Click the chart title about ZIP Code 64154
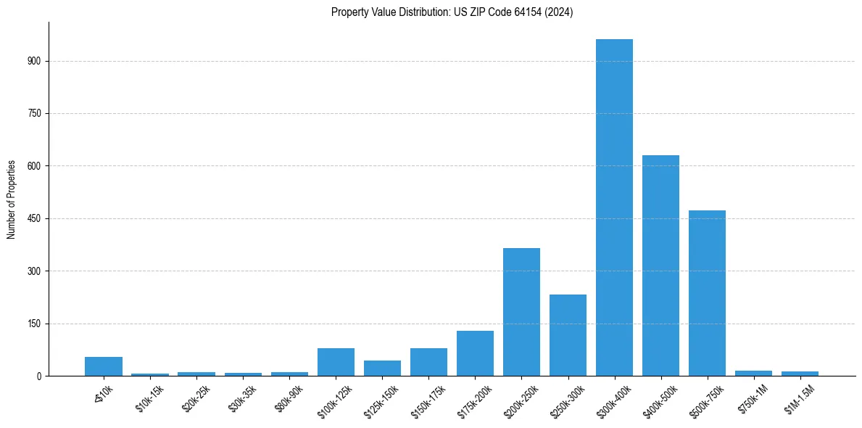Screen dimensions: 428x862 click(x=452, y=12)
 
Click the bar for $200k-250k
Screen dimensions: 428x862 click(x=521, y=312)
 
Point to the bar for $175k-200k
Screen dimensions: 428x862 click(x=475, y=353)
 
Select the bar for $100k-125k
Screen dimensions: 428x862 click(x=336, y=362)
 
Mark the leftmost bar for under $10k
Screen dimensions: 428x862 click(x=104, y=366)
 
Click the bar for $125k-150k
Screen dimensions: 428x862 click(x=382, y=369)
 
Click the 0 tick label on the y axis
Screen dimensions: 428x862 click(x=39, y=376)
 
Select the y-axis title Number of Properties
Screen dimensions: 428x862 click(x=12, y=199)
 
